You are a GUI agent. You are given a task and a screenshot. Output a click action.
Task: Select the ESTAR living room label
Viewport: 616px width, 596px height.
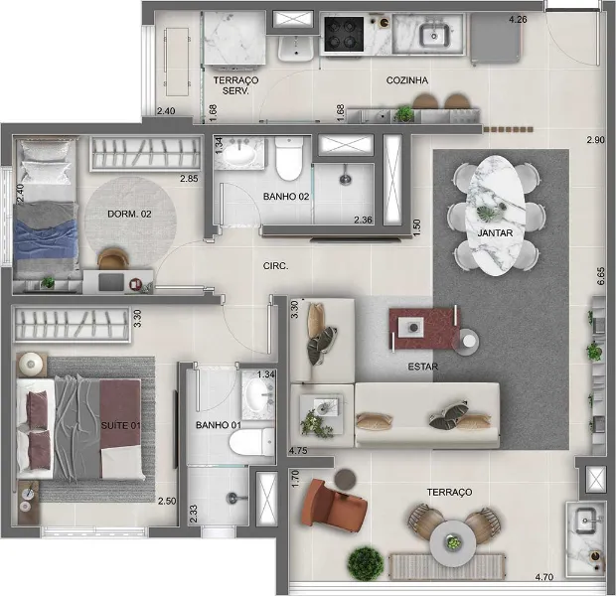(x=423, y=367)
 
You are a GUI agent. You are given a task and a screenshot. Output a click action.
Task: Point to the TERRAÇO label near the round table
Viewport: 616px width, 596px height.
(x=449, y=492)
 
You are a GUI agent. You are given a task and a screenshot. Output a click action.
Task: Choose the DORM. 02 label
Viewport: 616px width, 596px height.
(x=129, y=214)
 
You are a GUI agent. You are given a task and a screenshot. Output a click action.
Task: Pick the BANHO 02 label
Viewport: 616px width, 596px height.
(x=286, y=197)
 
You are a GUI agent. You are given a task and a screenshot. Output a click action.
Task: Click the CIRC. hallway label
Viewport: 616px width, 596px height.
(x=275, y=266)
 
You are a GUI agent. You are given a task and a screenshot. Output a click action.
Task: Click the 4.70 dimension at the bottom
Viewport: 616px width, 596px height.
(x=544, y=577)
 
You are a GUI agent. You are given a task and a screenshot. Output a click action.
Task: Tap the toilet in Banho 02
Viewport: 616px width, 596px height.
(x=289, y=158)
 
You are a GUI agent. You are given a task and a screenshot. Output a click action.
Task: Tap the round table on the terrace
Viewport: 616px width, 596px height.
(x=453, y=542)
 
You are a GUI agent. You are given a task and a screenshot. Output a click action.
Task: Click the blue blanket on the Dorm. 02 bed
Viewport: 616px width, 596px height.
(x=46, y=238)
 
